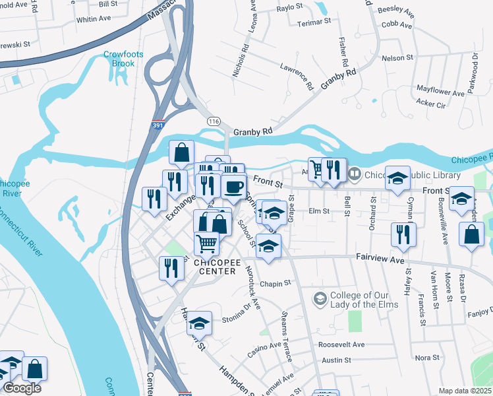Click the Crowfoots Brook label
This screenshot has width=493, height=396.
pyautogui.click(x=119, y=59)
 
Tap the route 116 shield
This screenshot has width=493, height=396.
pyautogui.click(x=213, y=121)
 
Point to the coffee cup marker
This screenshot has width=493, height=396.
pyautogui.click(x=233, y=187)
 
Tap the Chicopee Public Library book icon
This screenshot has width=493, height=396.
pyautogui.click(x=355, y=174)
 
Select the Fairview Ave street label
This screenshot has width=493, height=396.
pyautogui.click(x=380, y=260)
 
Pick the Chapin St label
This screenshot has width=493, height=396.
pyautogui.click(x=275, y=283)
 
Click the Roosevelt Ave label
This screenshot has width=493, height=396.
pyautogui.click(x=341, y=345)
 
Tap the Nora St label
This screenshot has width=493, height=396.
pyautogui.click(x=426, y=357)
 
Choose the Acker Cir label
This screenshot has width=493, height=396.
pyautogui.click(x=431, y=104)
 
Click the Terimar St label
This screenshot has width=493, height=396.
pyautogui.click(x=313, y=22)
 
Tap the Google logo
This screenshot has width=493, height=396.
pyautogui.click(x=21, y=388)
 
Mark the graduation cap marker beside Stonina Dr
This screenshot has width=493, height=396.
pyautogui.click(x=199, y=323)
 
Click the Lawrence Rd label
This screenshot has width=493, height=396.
pyautogui.click(x=296, y=75)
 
